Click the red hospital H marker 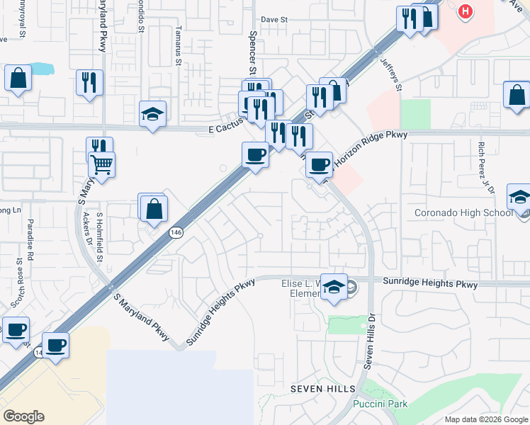click(465, 12)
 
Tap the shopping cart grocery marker click(101, 165)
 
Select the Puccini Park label click(379, 404)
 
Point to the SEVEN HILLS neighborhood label click(317, 390)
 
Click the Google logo click(24, 416)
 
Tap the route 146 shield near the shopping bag click(176, 232)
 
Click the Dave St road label click(274, 20)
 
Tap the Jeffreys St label click(391, 74)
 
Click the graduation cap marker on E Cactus click(152, 114)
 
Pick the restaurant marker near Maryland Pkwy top click(89, 82)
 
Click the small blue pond click(42, 69)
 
